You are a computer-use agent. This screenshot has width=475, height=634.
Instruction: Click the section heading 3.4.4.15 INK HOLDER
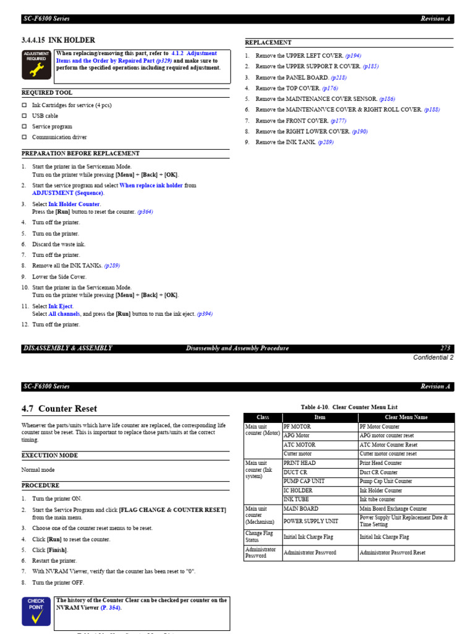58,40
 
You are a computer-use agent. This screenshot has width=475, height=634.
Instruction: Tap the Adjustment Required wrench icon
36,65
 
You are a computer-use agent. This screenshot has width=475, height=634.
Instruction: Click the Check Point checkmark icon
36,611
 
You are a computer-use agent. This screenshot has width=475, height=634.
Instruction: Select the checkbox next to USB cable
25,116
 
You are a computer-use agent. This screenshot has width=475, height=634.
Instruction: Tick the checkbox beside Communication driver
25,137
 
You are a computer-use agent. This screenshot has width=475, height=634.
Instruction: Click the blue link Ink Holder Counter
74,204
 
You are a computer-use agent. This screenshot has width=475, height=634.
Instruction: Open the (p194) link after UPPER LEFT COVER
353,56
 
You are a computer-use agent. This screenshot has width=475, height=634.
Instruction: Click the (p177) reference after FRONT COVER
338,121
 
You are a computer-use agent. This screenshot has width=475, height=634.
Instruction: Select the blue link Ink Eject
61,306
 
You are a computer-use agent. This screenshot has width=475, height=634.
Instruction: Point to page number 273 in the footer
445,349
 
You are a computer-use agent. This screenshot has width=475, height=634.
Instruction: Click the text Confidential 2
433,357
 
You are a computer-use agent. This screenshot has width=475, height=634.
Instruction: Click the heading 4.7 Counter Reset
59,409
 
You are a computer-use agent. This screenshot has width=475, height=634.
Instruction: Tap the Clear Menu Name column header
406,417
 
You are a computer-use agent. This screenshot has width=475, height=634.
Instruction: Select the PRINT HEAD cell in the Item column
299,463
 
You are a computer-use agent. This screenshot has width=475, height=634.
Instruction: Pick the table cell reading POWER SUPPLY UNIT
310,521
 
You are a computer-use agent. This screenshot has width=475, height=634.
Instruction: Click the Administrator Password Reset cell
392,553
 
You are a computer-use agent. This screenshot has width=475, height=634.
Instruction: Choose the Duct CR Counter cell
379,472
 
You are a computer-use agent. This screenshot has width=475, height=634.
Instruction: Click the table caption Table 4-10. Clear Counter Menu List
349,407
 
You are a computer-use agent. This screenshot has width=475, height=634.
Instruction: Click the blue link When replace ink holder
151,186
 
